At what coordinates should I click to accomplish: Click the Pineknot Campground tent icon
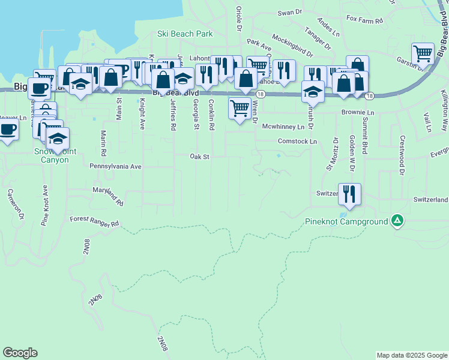[397, 221]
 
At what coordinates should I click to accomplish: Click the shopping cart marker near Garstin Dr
[423, 53]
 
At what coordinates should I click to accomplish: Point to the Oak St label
[199, 157]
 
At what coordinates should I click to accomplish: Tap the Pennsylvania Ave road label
[115, 166]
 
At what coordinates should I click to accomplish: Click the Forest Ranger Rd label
[94, 221]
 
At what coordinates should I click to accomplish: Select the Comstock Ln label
[297, 141]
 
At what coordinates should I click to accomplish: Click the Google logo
[20, 353]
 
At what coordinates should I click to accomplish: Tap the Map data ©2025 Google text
[411, 355]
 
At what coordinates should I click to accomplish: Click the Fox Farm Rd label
[364, 20]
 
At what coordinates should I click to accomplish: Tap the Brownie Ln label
[357, 112]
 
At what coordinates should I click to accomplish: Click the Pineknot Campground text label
[348, 221]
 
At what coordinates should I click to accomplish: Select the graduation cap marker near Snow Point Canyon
[58, 139]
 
